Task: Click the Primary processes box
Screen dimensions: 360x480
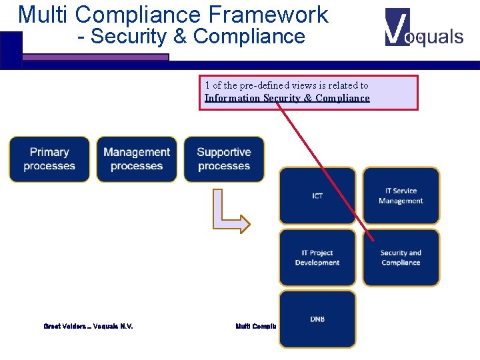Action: tap(49, 159)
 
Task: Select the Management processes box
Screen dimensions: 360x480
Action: tap(137, 159)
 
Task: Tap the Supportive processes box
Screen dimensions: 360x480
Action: tap(224, 159)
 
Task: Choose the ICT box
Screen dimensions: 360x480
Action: tap(317, 196)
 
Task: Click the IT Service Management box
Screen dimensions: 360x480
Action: tap(401, 196)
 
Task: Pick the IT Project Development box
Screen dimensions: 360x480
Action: tap(317, 257)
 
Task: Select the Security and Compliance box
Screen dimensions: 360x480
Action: tap(401, 257)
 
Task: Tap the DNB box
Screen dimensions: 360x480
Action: tap(317, 319)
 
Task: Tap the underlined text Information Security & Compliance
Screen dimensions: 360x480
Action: tap(287, 98)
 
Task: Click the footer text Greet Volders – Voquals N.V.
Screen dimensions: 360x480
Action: tap(88, 327)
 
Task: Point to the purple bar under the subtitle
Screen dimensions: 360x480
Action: tap(95, 58)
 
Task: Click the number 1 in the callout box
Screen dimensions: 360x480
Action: tap(207, 85)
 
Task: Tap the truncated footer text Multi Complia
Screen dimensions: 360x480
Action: tap(257, 327)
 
